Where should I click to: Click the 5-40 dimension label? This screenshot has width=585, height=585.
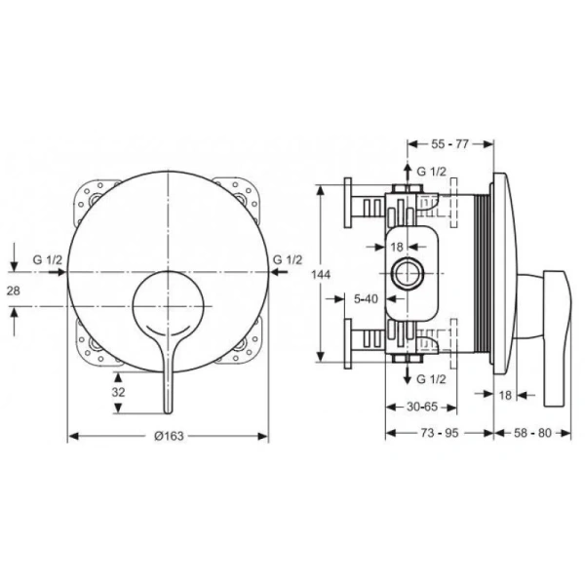367,299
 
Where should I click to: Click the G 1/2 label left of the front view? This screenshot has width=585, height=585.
47,259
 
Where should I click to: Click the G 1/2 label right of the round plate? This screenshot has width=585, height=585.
290,259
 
